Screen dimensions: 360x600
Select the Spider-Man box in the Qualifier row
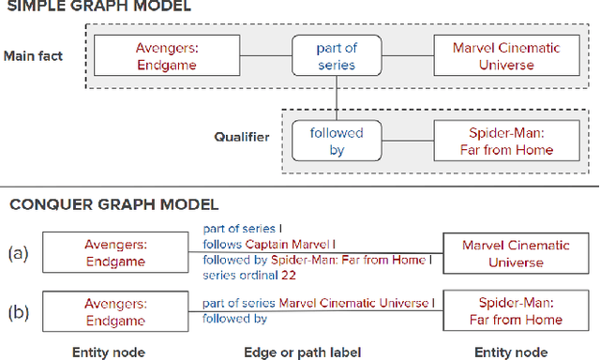(506, 141)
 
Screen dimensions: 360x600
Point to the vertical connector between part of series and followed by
(337, 97)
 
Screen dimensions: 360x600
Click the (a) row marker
(16, 253)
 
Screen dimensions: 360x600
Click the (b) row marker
(16, 310)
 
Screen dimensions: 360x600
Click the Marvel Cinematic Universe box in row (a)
(516, 253)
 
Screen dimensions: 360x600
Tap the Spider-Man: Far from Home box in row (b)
(516, 310)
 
